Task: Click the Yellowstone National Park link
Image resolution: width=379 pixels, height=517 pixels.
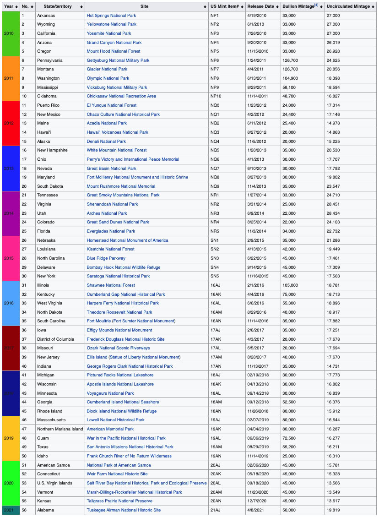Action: point(111,24)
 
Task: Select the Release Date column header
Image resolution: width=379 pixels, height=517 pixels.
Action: point(260,7)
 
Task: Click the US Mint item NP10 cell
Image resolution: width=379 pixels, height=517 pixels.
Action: point(216,96)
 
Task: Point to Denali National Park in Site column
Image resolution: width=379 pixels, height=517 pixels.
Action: point(106,141)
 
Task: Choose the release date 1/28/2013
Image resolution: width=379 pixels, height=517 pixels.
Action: point(257,150)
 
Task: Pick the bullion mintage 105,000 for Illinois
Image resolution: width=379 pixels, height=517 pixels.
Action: point(291,285)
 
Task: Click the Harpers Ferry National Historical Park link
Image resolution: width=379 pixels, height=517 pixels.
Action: point(123,303)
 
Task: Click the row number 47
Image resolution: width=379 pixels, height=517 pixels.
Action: point(24,429)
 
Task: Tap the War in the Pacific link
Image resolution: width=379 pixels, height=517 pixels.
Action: point(126,438)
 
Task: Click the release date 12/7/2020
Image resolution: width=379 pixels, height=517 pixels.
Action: point(257,501)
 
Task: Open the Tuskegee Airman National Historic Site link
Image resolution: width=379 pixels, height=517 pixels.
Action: point(124,510)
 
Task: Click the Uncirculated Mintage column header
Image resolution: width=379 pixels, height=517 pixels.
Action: point(347,7)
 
